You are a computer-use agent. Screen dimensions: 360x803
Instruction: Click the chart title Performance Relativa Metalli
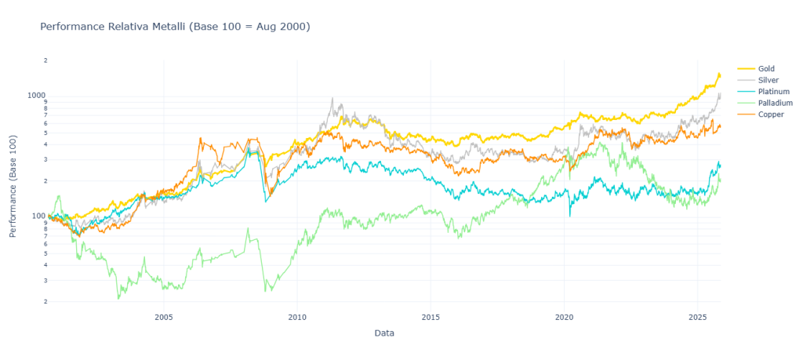click(175, 27)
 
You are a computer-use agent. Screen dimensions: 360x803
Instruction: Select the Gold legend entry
click(766, 69)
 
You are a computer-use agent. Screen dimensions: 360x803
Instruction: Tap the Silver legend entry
click(768, 80)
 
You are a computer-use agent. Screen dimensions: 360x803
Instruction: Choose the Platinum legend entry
click(773, 92)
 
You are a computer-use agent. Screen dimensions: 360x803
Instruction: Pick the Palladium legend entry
click(775, 103)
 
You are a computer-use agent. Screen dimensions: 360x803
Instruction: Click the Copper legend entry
click(771, 115)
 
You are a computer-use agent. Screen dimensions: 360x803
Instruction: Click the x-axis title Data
click(384, 333)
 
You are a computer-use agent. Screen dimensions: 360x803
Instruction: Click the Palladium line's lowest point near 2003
click(118, 298)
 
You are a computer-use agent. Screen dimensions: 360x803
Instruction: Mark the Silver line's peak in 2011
click(332, 99)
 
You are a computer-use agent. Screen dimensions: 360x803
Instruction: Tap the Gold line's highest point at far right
click(718, 74)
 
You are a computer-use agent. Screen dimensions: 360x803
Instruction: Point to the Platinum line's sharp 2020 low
click(570, 215)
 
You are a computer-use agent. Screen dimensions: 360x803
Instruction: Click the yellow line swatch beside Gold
click(746, 69)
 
